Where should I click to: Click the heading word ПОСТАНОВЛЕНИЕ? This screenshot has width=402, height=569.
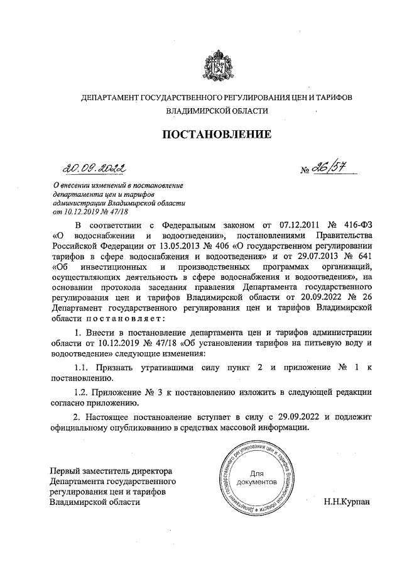(x=217, y=134)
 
